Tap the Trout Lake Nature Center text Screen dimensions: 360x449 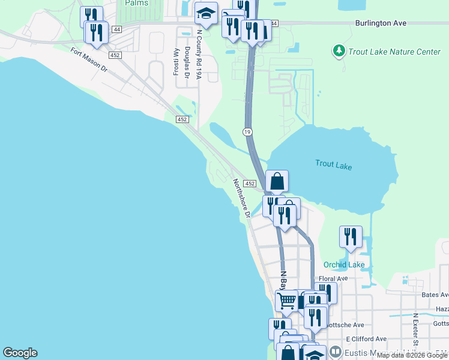click(395, 52)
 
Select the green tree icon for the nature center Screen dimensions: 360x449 click(339, 51)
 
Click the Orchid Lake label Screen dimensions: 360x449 click(344, 265)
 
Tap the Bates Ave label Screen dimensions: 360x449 click(435, 295)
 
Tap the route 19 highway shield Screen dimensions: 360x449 click(247, 131)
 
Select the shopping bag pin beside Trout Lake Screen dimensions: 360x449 click(277, 182)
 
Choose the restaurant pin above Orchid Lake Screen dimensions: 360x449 click(351, 237)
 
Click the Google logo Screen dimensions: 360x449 click(20, 353)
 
